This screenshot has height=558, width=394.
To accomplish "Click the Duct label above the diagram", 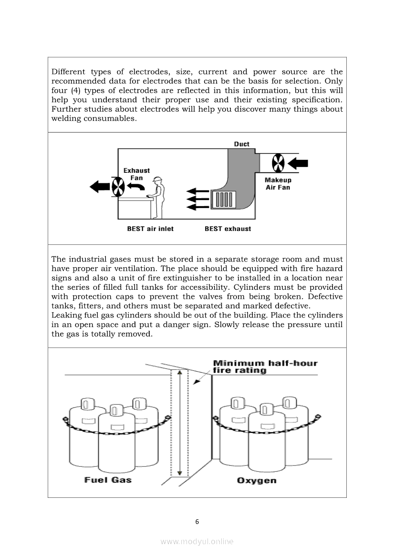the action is tap(241, 144).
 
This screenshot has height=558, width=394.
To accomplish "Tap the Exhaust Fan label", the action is tap(136, 174).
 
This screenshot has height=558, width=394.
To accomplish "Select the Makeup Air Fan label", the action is tap(278, 184).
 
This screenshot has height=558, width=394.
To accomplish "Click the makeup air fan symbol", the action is tap(278, 163).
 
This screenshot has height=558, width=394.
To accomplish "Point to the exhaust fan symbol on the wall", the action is tap(118, 187).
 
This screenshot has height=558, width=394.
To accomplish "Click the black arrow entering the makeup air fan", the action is tap(298, 163).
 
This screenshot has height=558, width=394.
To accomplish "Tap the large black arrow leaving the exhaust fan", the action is tap(100, 186).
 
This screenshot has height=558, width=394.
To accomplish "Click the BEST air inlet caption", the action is tap(150, 229).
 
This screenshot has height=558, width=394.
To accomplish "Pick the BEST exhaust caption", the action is tap(228, 229).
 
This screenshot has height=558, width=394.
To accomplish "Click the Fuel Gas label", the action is tap(108, 480).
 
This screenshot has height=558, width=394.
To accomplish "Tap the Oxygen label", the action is tap(256, 481).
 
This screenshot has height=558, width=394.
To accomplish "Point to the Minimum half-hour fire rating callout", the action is tap(265, 367).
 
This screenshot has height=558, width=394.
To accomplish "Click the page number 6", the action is tap(197, 522).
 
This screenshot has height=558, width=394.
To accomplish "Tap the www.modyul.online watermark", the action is tap(197, 542).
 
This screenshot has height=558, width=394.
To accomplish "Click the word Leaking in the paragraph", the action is tap(66, 316).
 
